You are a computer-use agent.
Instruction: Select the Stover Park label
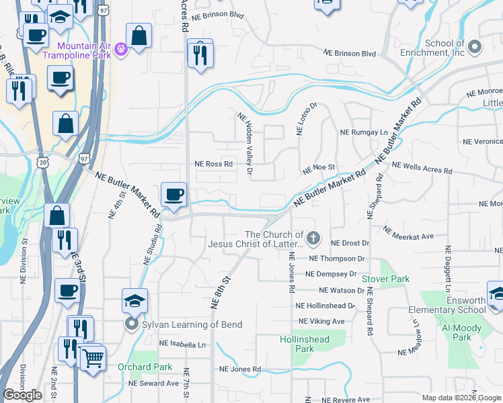(x=385, y=278)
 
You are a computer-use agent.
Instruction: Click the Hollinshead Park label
(x=305, y=344)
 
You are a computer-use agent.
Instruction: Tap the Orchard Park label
(x=145, y=367)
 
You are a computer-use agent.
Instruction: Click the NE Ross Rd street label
(x=213, y=163)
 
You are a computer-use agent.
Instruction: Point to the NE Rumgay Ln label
(x=364, y=132)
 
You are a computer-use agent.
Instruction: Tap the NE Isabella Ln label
(x=182, y=344)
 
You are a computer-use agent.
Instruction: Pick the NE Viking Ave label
(x=321, y=321)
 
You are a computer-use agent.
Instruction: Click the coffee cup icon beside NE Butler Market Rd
(x=174, y=195)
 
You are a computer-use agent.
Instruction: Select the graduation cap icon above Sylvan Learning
(x=134, y=301)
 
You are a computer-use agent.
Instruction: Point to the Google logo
(x=23, y=395)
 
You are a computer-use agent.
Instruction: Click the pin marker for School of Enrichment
(x=475, y=47)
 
